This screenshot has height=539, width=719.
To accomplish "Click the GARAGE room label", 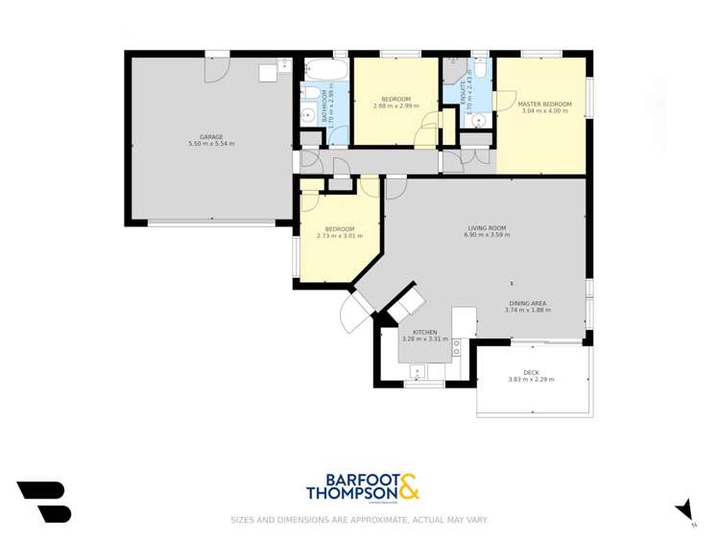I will [x=211, y=137].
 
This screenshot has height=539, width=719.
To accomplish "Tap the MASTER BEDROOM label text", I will [x=544, y=104].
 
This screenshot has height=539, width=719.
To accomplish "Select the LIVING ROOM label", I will [x=487, y=228].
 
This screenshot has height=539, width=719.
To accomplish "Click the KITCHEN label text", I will [x=424, y=333].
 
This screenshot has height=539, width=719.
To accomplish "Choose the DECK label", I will [x=531, y=372].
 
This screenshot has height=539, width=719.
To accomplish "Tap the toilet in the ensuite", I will [x=481, y=67].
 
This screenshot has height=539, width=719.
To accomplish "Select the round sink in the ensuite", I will [x=477, y=121].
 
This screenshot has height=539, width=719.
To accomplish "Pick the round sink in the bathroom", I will [x=308, y=115].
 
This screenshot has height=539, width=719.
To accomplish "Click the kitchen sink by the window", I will [x=419, y=371].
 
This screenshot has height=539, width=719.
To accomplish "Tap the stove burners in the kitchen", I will [x=457, y=347].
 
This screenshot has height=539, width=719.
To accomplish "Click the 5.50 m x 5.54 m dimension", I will [x=211, y=144].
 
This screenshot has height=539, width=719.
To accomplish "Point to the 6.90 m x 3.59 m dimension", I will [x=487, y=235].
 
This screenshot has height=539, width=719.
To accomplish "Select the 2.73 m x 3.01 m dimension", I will [x=339, y=236].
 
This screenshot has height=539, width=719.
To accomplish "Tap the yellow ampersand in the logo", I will [x=408, y=487].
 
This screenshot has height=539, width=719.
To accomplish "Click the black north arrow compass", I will [x=684, y=509].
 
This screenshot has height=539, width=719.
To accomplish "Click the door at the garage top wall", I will [x=217, y=68].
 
